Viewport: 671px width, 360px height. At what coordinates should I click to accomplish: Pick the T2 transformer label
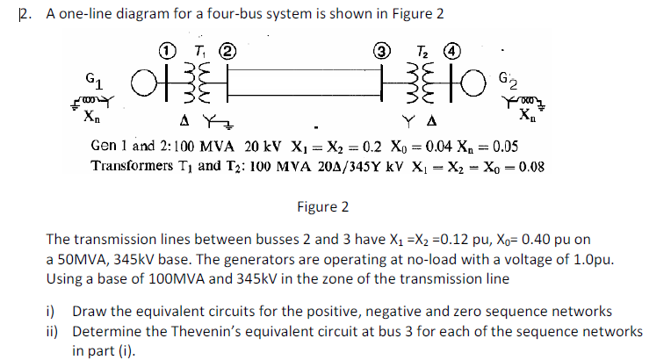click(421, 49)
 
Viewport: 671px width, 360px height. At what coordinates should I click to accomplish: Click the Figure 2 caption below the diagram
click(322, 207)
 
